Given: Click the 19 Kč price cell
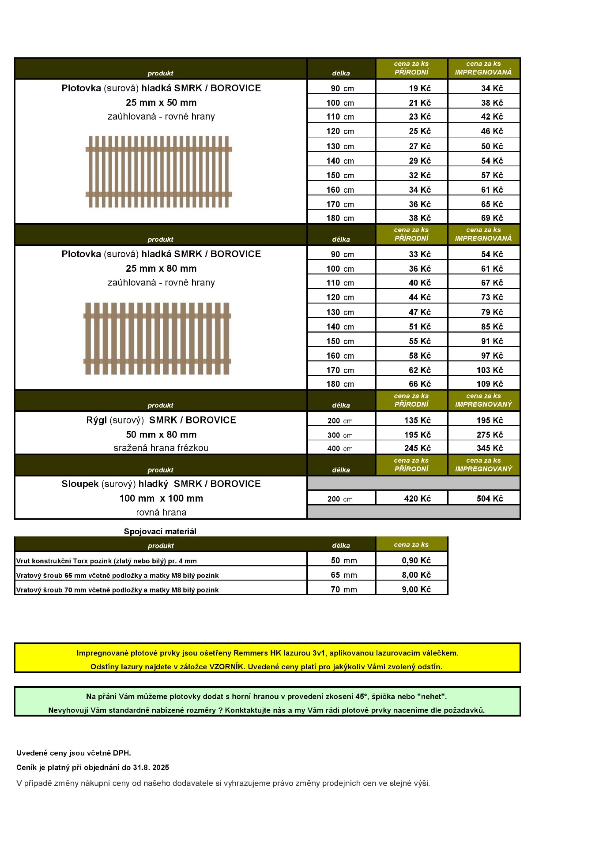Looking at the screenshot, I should point(419,88).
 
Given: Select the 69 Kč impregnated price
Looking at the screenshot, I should point(492,218).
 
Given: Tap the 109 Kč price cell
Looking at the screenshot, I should point(490,384).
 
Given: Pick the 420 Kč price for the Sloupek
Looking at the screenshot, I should point(417,498).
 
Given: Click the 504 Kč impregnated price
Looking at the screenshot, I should point(490,498).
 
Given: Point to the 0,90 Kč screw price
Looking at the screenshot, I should point(416,560).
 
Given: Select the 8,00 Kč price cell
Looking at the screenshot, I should point(416,575).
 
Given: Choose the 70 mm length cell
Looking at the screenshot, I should point(343,589).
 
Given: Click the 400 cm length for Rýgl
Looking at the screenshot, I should point(340,449).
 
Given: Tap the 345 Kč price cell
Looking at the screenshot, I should point(490,448).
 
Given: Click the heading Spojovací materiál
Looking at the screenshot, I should point(160,532).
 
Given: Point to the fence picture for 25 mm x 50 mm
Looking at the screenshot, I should point(158,172).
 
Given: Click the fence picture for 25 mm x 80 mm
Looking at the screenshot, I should point(157,338).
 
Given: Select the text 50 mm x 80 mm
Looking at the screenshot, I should point(161,435).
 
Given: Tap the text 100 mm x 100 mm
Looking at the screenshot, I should point(161,498).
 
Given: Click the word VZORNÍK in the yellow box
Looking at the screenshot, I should point(226,667).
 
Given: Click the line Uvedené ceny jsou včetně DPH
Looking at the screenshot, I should point(74,753).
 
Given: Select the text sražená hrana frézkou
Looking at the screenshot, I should point(161,448).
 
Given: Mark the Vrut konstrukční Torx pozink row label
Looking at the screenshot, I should point(106,561).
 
